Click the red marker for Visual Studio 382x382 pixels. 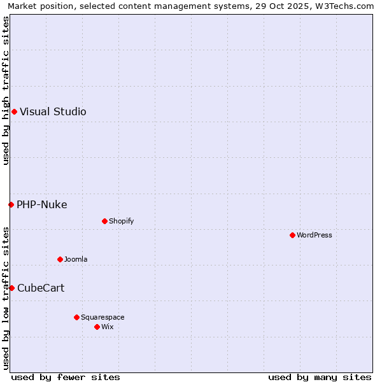coord(14,112)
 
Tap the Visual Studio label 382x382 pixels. coord(53,112)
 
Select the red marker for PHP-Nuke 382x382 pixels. coord(11,204)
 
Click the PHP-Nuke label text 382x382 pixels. coord(42,204)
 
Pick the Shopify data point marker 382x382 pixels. coord(104,222)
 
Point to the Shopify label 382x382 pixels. coord(121,222)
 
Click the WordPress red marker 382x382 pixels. coord(292,236)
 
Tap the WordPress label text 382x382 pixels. coord(315,236)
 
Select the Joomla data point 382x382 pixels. coord(60,259)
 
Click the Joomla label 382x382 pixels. coord(76,259)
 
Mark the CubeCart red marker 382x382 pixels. coord(11,288)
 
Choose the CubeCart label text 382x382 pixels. coord(41,288)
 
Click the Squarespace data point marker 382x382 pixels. coord(76,317)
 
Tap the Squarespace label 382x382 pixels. coord(103,317)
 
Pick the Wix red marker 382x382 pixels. coord(97,327)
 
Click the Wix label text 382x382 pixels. coord(108,327)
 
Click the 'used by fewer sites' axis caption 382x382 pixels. coord(66,377)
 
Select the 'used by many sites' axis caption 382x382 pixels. coord(320,377)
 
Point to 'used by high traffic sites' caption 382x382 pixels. coord(6,90)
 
